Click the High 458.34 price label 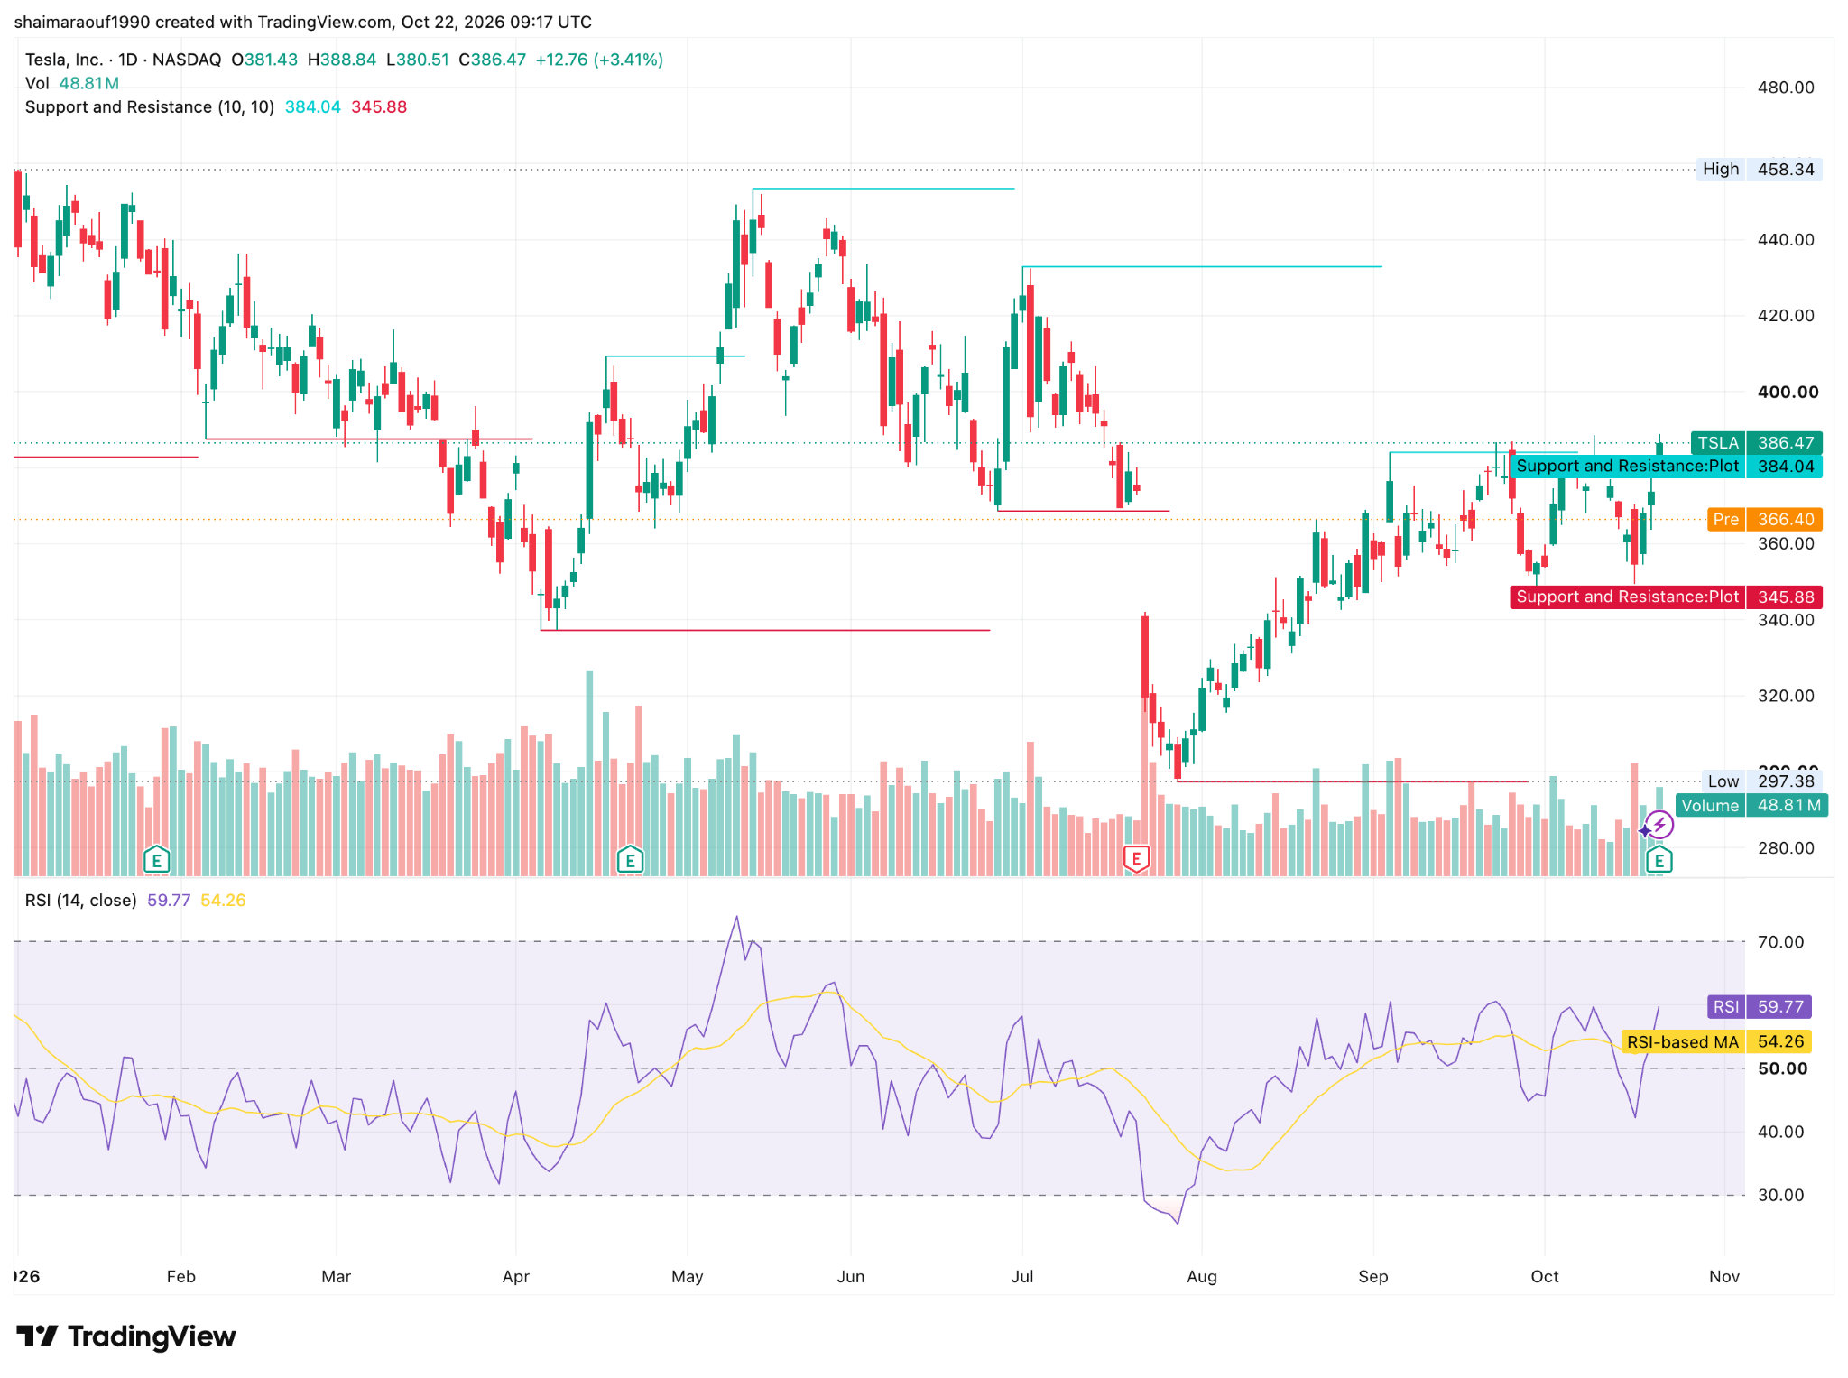(x=1759, y=170)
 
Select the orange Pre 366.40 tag (x=1765, y=520)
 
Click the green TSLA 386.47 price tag (x=1756, y=443)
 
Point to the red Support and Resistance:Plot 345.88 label (x=1666, y=597)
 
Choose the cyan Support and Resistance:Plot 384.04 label (x=1666, y=467)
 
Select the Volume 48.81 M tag (x=1752, y=806)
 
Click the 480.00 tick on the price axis (x=1786, y=88)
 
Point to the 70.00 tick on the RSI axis (x=1780, y=942)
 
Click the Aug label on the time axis (x=1202, y=1277)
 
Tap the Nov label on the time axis (x=1724, y=1277)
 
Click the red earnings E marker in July (x=1136, y=859)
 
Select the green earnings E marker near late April (x=630, y=859)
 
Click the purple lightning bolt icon (x=1659, y=825)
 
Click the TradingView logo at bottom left (x=126, y=1336)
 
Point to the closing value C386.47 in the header (x=492, y=60)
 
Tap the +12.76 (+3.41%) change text (x=599, y=60)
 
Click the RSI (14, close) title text (x=81, y=901)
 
